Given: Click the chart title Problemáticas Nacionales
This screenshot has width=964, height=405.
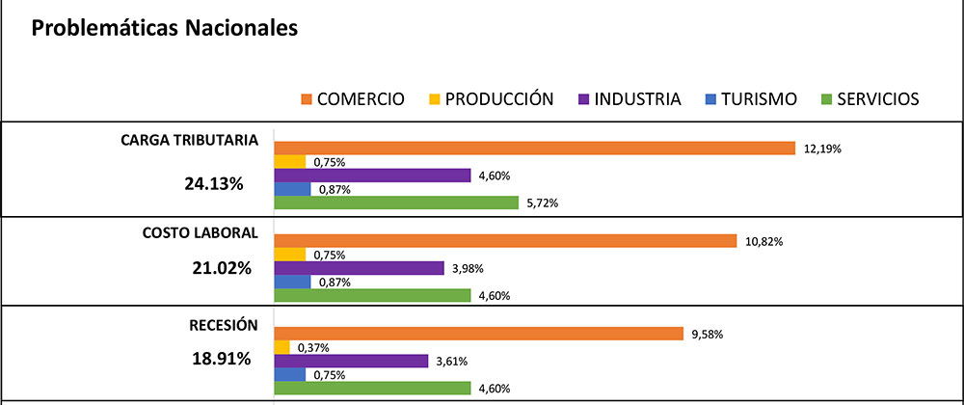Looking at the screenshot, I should (164, 29).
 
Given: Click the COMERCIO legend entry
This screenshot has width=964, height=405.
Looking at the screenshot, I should (353, 98).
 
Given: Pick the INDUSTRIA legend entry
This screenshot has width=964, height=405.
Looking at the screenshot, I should (629, 98).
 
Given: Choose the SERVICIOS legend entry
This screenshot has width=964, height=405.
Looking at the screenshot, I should (868, 98).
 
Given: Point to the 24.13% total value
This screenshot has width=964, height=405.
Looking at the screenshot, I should (218, 181).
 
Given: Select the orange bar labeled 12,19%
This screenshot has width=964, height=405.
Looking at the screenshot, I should (534, 148).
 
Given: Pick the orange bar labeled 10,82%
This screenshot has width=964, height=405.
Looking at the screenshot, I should (506, 241).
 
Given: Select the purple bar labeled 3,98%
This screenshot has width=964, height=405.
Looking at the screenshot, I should (359, 268).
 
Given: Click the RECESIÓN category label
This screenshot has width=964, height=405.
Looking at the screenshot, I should (223, 324).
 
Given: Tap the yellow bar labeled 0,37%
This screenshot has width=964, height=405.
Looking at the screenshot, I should (281, 347).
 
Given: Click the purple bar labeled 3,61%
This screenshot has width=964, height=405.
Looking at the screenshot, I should (351, 361).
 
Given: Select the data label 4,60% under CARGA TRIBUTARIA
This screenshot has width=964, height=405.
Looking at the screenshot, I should (495, 175).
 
